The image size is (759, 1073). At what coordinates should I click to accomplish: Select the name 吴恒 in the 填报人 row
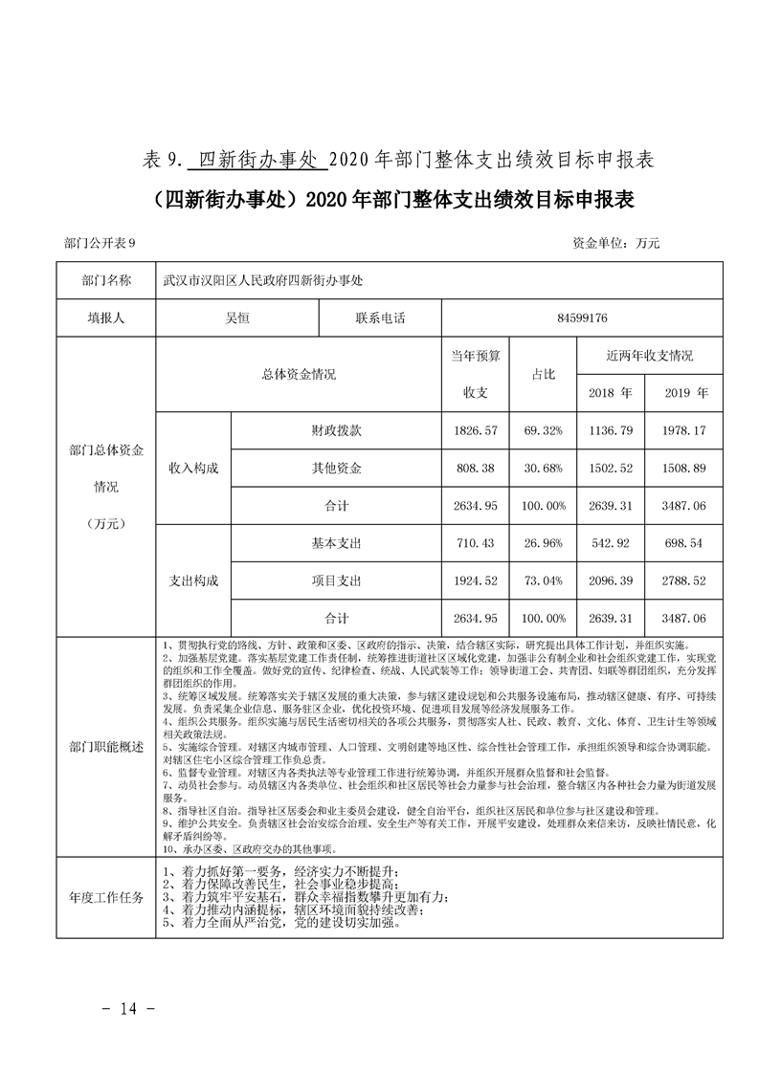point(235,318)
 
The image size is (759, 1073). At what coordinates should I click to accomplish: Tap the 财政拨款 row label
point(336,431)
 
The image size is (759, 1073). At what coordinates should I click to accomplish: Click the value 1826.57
point(476,431)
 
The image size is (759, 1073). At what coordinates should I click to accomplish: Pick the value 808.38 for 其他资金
point(476,469)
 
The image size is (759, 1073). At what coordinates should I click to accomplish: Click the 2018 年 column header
point(611,392)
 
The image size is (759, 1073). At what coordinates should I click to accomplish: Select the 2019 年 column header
point(684,392)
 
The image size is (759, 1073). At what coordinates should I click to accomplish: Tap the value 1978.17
point(684,431)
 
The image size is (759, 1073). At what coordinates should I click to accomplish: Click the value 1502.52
point(611,469)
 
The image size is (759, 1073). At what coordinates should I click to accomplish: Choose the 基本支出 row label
point(336,543)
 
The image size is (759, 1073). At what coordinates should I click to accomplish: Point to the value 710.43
point(476,543)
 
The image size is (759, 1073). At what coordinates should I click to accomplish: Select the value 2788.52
point(684,580)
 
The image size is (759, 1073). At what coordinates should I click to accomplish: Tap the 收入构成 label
point(193,469)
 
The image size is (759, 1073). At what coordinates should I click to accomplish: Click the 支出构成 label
point(193,580)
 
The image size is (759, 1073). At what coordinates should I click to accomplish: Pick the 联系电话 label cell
point(379,318)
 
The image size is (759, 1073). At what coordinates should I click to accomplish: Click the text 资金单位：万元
point(615,243)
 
